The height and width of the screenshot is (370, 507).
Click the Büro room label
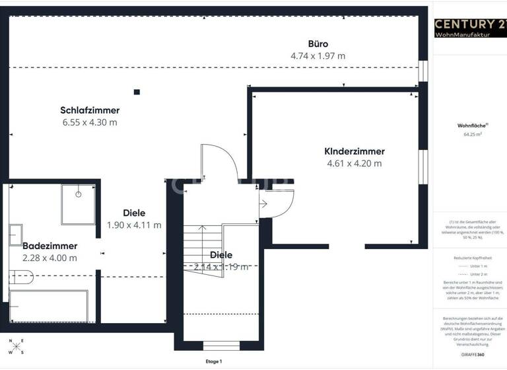[318, 44]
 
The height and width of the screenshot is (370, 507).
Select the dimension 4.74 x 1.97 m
[318, 56]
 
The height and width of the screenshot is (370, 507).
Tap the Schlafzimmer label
[90, 110]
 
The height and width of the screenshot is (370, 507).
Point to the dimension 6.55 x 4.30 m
[90, 122]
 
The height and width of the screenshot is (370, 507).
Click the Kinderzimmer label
[354, 151]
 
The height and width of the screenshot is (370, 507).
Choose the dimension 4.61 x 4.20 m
[354, 163]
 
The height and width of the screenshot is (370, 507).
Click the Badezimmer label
[50, 246]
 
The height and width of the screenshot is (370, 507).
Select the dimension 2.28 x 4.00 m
[50, 258]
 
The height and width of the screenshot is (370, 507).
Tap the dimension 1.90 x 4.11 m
[134, 225]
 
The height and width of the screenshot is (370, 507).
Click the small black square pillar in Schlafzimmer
[137, 92]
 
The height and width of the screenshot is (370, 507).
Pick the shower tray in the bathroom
[78, 204]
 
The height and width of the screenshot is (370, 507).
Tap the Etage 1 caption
[214, 361]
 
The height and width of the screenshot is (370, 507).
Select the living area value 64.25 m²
[472, 134]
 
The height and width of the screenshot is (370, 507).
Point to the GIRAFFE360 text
[472, 355]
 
